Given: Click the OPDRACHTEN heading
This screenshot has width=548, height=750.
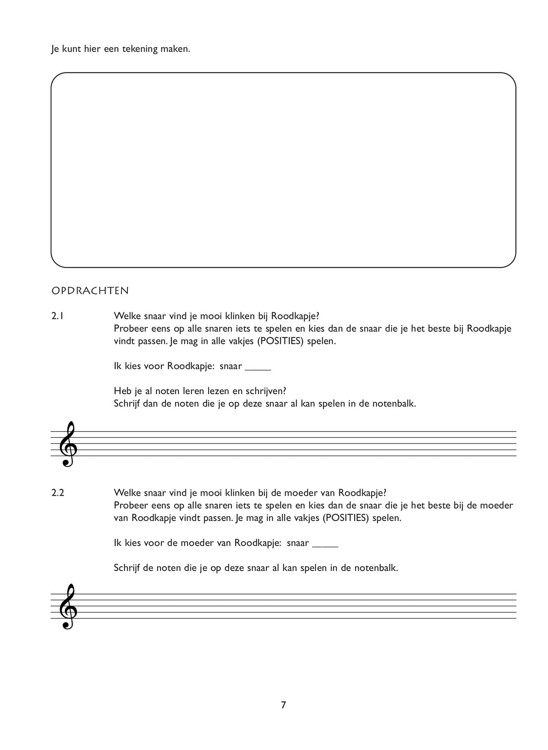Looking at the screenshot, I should coord(90,291).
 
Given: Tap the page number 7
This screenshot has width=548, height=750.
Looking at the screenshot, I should coord(283,705).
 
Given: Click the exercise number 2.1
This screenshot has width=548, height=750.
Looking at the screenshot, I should coord(58,316).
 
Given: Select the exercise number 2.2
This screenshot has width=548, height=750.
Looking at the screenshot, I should coord(58,493).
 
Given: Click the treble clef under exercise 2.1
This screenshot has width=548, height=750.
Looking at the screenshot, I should coord(68,444).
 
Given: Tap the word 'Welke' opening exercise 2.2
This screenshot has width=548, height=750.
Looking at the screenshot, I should coord(126,493).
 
